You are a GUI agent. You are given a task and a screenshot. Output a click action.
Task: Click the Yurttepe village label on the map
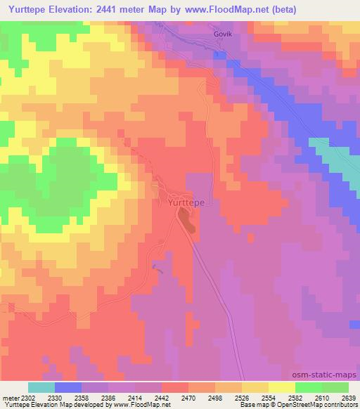(x=188, y=202)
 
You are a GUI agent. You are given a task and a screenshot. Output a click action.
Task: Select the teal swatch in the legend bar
(x=41, y=387)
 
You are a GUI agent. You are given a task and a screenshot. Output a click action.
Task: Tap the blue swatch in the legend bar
(x=67, y=387)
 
